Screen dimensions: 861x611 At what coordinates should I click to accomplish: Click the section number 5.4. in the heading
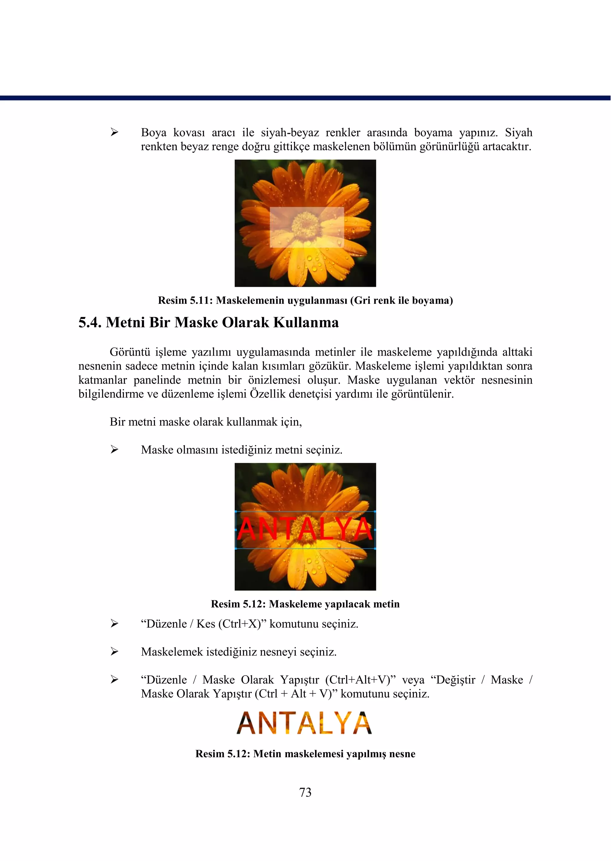90,323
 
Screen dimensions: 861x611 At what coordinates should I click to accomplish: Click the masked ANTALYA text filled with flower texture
304,723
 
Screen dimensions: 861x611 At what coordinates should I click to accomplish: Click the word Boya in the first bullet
154,133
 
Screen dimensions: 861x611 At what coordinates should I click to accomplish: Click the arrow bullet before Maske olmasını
114,450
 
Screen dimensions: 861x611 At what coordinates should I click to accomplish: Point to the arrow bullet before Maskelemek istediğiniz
114,652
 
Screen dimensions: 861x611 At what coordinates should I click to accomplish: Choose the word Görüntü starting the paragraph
129,352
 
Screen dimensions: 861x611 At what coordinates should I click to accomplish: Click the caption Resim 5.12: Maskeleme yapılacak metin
305,604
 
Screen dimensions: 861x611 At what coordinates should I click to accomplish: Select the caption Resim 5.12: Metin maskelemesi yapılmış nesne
305,754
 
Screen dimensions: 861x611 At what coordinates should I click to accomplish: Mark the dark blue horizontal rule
305,98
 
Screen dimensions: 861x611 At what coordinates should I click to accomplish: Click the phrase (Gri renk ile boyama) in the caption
402,301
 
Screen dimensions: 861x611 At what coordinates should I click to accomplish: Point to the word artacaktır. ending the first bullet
507,147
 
